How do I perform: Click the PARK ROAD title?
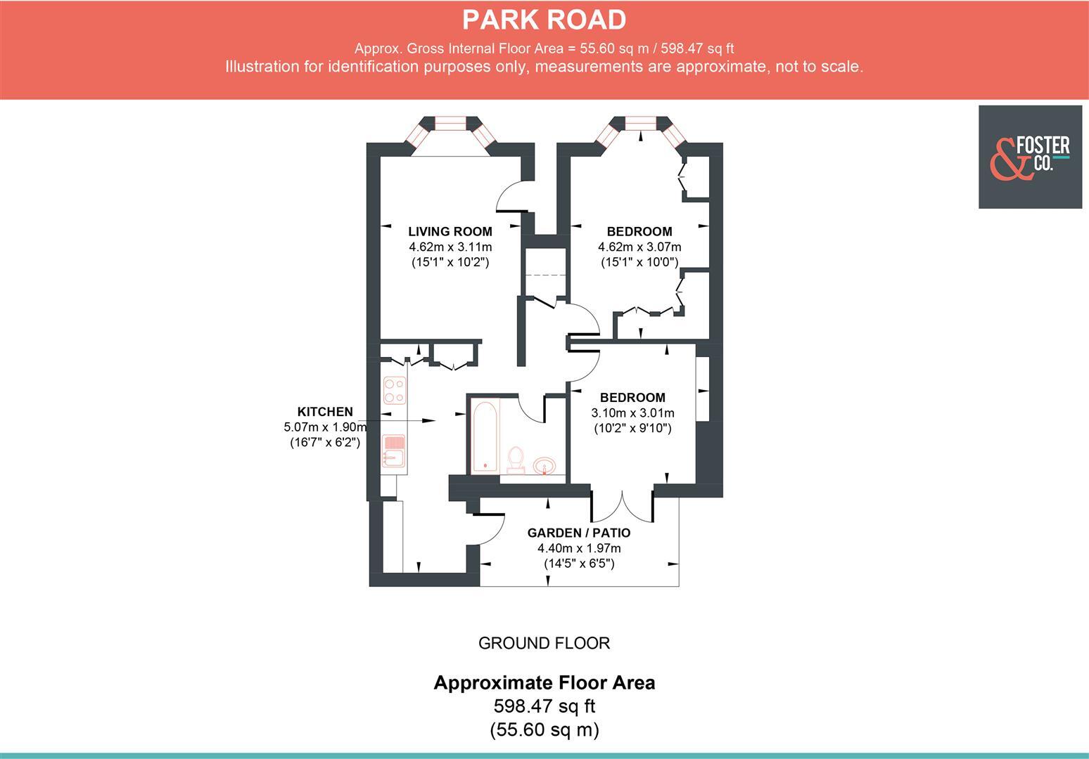[x=544, y=20]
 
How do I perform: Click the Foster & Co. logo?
[x=1030, y=157]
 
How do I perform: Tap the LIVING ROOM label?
[x=450, y=231]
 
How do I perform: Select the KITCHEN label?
[x=325, y=412]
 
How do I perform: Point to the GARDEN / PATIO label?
[x=579, y=533]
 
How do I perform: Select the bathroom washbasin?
[x=544, y=465]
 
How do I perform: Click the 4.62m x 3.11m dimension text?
[x=450, y=247]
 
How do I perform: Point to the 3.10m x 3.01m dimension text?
[x=632, y=413]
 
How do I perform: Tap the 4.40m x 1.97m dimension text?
[x=579, y=548]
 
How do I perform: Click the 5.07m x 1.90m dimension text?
[x=325, y=427]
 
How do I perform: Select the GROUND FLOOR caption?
[x=544, y=643]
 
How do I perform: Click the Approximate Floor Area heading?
[x=544, y=682]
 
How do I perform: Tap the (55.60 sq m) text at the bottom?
[x=544, y=730]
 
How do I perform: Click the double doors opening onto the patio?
[x=623, y=505]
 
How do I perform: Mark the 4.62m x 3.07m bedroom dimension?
[x=639, y=247]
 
